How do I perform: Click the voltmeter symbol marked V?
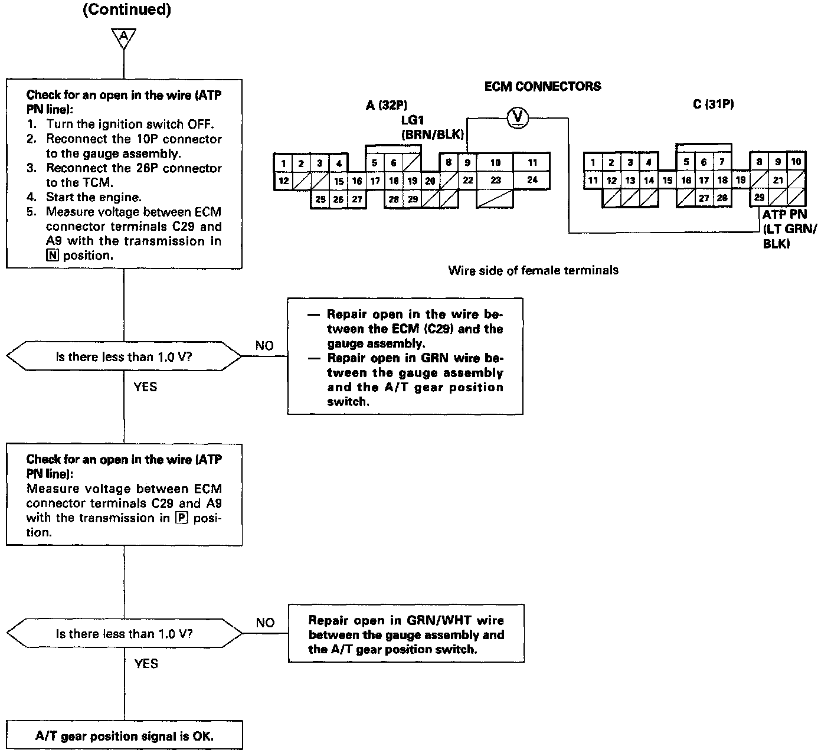(x=518, y=118)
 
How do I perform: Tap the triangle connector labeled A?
(x=123, y=37)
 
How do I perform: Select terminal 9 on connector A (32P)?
(x=467, y=162)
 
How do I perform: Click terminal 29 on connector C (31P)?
(x=759, y=198)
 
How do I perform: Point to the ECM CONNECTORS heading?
(x=542, y=86)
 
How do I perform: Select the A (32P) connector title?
(x=387, y=106)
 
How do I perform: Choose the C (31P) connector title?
(x=714, y=104)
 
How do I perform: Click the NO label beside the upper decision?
(x=264, y=346)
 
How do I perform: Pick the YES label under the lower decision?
(x=146, y=664)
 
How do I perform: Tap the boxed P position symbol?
(x=181, y=518)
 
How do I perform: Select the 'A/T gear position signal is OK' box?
(x=124, y=736)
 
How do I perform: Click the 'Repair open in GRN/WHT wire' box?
(x=406, y=634)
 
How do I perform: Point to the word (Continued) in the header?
(x=127, y=11)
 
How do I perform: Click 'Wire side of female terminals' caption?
(x=533, y=270)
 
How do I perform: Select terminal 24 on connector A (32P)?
(x=532, y=180)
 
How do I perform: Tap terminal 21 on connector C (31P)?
(x=778, y=180)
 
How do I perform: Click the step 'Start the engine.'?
(x=93, y=197)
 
